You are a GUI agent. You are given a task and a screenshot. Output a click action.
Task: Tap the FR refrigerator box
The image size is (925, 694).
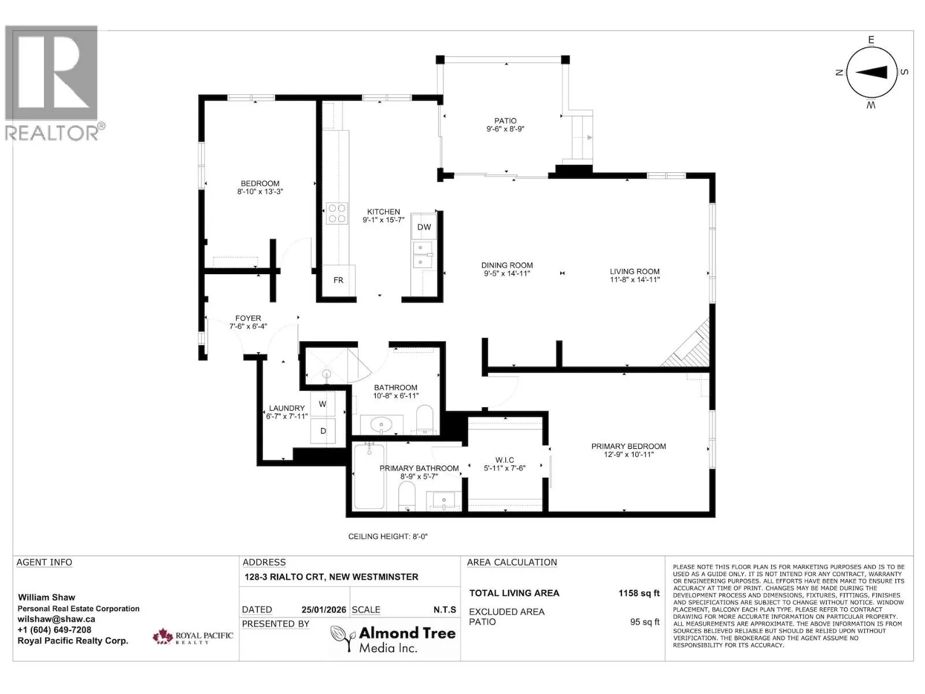pos(338,280)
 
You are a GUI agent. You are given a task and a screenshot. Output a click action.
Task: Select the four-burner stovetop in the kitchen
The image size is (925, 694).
pos(336,213)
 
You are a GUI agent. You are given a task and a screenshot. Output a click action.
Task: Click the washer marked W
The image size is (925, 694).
pos(323,404)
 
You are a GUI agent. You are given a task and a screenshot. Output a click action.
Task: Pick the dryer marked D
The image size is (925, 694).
pos(323,431)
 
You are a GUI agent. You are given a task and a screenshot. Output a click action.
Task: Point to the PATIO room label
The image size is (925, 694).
pos(505,121)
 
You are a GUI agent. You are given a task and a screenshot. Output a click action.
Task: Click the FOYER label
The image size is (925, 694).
pos(248,318)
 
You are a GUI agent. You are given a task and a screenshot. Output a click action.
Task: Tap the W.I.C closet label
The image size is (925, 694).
pos(505,460)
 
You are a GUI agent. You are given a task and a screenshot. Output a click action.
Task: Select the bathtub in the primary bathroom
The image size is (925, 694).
pos(369,476)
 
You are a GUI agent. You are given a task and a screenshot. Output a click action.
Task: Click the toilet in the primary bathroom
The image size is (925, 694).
pos(406,496)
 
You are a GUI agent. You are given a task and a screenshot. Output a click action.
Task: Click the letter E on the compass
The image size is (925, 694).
pos(871,40)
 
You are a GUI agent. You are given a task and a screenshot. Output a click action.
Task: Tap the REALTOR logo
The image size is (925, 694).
pos(55,83)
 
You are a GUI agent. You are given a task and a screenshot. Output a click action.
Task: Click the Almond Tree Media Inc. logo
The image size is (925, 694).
pos(393,639)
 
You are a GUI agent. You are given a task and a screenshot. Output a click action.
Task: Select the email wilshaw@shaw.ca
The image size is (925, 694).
pos(56,619)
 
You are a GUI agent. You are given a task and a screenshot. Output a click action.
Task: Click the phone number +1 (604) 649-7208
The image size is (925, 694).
pos(54,630)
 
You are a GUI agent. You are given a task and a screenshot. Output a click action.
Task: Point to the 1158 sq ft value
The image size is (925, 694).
pos(639,593)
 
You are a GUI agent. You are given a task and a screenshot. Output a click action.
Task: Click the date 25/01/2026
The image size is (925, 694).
pos(324,610)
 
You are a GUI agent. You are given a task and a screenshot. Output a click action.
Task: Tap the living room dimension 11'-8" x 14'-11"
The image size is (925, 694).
pos(635,279)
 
